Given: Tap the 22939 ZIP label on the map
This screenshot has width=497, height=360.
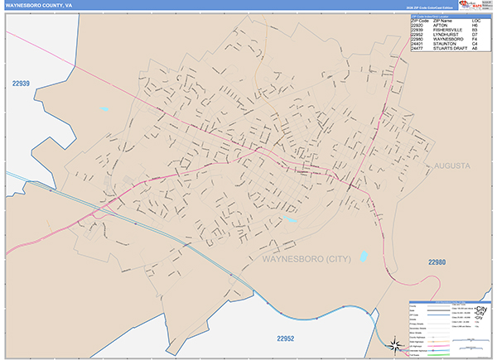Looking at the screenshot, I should tap(21, 84).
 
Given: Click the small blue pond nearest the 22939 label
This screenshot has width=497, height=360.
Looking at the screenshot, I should tap(104, 108).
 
